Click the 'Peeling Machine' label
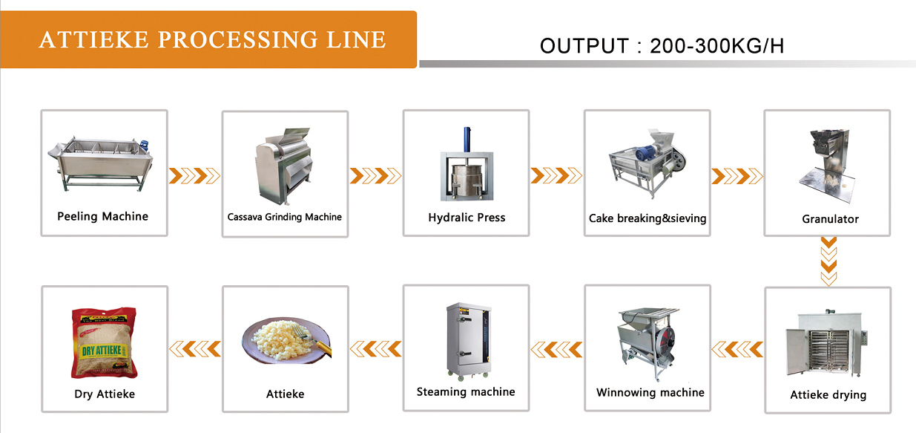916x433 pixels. click(x=102, y=216)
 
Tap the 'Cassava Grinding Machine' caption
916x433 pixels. click(x=285, y=217)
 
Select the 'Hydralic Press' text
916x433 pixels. click(x=467, y=218)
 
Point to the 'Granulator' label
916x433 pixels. click(x=830, y=219)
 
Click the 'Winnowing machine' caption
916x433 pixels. click(x=650, y=392)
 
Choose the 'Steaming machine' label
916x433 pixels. click(x=466, y=391)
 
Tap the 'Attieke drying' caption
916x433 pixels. click(x=828, y=394)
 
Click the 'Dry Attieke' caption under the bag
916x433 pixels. click(x=105, y=394)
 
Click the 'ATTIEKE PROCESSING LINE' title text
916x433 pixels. click(x=212, y=39)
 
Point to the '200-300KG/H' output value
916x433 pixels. click(x=716, y=46)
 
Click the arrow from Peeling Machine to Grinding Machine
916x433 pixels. click(x=195, y=175)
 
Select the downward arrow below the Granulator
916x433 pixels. click(x=828, y=261)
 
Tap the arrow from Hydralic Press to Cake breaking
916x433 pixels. click(x=556, y=175)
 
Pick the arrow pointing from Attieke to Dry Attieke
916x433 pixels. click(x=195, y=348)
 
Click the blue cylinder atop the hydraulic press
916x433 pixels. click(x=467, y=139)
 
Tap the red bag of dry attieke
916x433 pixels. click(x=105, y=343)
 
